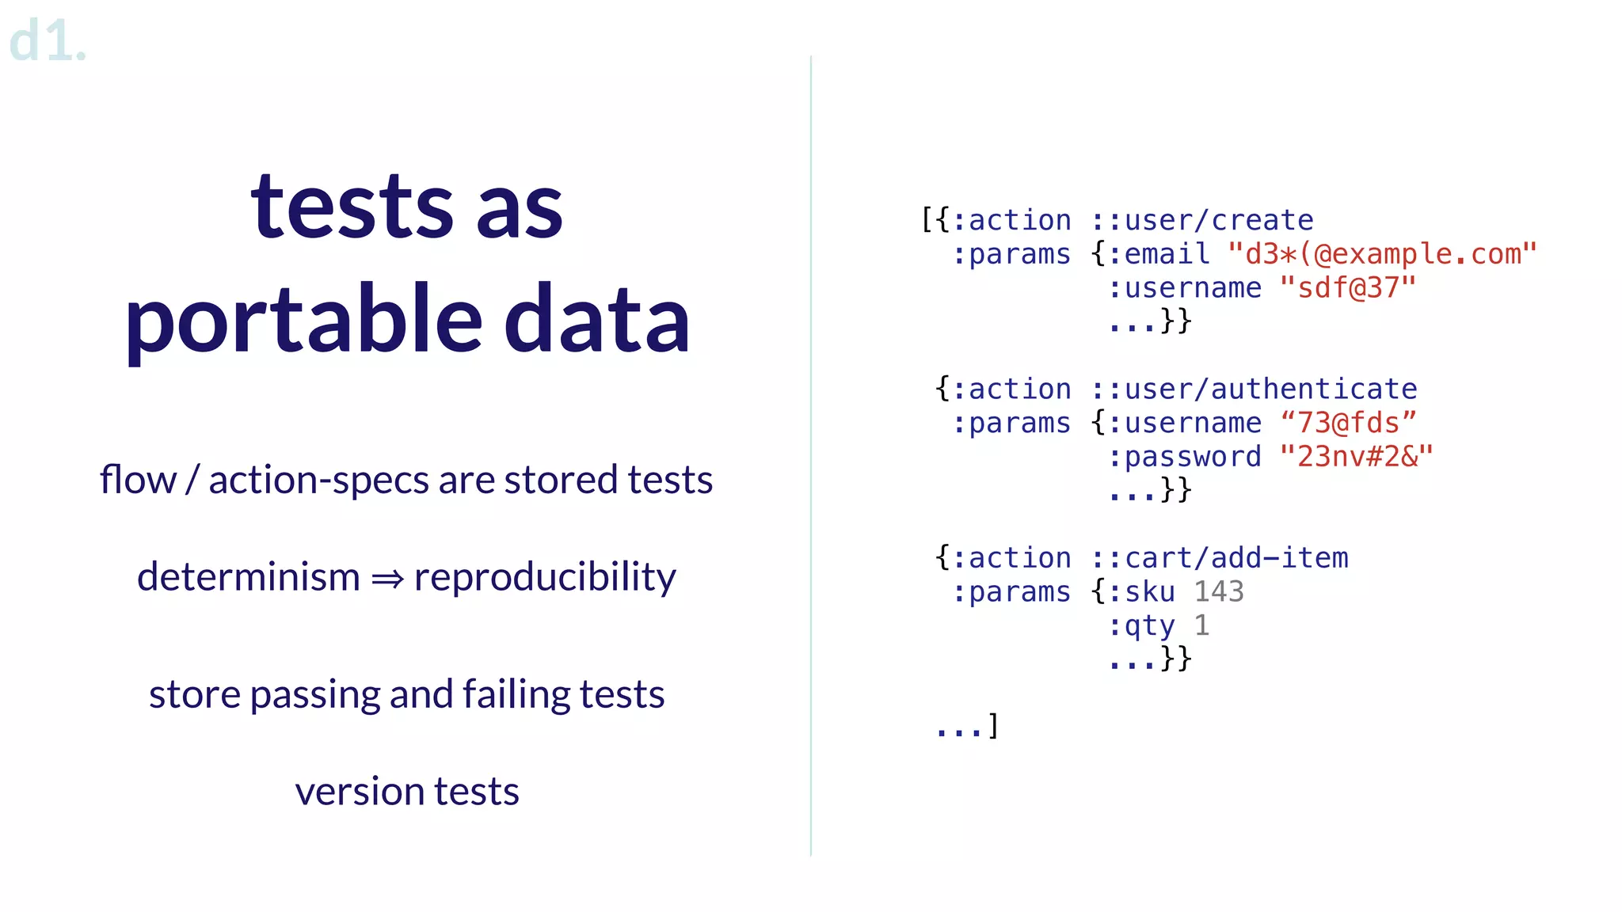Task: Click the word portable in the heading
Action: coord(303,320)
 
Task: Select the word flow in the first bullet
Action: coord(138,480)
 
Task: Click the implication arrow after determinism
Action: coord(387,579)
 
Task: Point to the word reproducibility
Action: coord(545,577)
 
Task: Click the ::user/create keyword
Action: coord(1202,220)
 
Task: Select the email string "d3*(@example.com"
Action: coord(1382,254)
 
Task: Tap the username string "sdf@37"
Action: coord(1347,288)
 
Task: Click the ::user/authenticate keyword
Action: coord(1254,389)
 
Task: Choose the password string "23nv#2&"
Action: coord(1356,457)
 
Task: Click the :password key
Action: coord(1185,457)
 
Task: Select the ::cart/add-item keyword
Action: coord(1220,558)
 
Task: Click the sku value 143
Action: coord(1219,592)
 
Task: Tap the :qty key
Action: coord(1141,626)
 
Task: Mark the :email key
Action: coord(1159,254)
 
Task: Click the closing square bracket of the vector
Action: coord(993,725)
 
